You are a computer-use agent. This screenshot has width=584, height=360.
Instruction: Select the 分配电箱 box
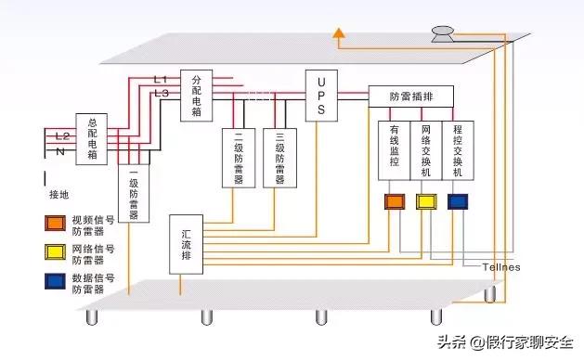[196, 94]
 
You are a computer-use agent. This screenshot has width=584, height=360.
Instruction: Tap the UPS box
[320, 96]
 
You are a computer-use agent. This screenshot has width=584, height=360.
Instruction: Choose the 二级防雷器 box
[239, 158]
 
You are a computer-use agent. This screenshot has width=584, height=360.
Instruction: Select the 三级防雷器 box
[279, 158]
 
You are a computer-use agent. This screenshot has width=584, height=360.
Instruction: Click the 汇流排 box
[187, 243]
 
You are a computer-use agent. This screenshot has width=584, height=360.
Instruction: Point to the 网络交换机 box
[425, 150]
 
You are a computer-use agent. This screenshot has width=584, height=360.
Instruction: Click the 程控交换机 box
[456, 150]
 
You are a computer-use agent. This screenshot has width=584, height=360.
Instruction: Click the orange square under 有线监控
[395, 201]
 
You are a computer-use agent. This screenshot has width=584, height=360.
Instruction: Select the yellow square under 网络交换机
[426, 201]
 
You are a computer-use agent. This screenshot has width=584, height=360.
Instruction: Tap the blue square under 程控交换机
[458, 201]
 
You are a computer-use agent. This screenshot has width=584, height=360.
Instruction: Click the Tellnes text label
[501, 267]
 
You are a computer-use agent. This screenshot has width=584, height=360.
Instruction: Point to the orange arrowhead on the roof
[340, 36]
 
